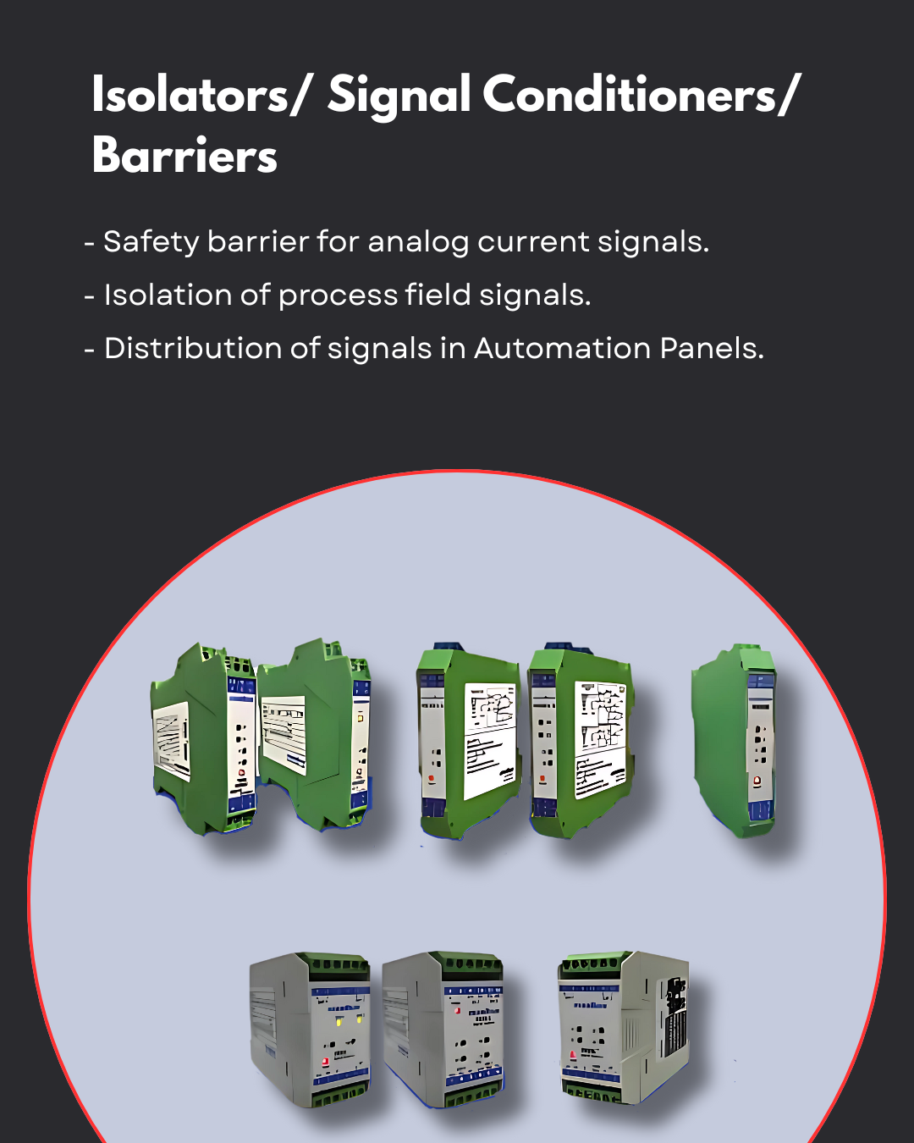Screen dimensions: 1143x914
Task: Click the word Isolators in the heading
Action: [x=190, y=95]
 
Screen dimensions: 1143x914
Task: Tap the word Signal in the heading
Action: [x=399, y=95]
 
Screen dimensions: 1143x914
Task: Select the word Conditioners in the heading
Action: [x=630, y=95]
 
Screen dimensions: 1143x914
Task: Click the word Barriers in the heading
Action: [x=184, y=156]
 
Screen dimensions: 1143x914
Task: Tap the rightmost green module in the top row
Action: [x=735, y=741]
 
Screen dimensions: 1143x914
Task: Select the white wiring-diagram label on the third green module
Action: [x=491, y=739]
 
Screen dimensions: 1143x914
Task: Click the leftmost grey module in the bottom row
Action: [x=310, y=1029]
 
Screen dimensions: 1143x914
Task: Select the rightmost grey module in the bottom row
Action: [x=622, y=1026]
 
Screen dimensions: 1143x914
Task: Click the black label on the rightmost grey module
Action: [x=675, y=1016]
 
